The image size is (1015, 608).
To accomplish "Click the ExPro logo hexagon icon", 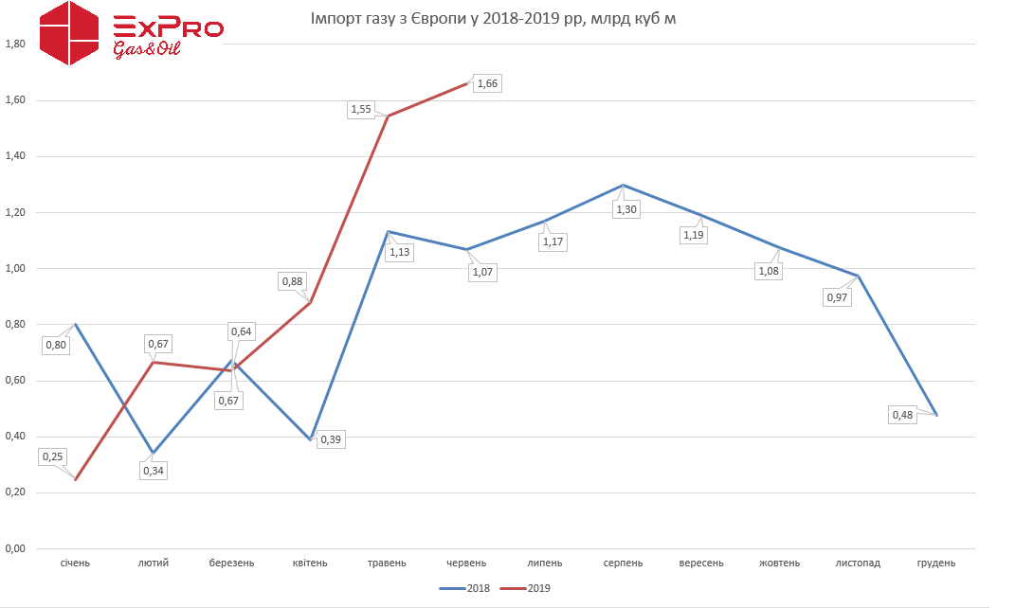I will pyautogui.click(x=69, y=34).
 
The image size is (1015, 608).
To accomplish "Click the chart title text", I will pyautogui.click(x=494, y=19).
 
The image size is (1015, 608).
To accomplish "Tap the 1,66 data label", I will pyautogui.click(x=487, y=83).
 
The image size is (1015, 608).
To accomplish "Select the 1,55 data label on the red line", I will pyautogui.click(x=361, y=110).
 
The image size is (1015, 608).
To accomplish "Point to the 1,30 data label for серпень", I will pyautogui.click(x=626, y=209).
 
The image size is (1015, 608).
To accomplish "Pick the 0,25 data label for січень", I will pyautogui.click(x=53, y=456).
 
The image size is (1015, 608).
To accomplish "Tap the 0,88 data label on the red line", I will pyautogui.click(x=292, y=281).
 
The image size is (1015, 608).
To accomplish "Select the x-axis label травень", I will pyautogui.click(x=387, y=563).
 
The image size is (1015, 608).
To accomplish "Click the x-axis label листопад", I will pyautogui.click(x=858, y=563).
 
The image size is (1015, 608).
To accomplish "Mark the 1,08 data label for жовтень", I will pyautogui.click(x=768, y=272).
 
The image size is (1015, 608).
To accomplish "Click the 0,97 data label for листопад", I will pyautogui.click(x=837, y=297).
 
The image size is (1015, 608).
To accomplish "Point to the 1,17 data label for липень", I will pyautogui.click(x=553, y=242).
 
